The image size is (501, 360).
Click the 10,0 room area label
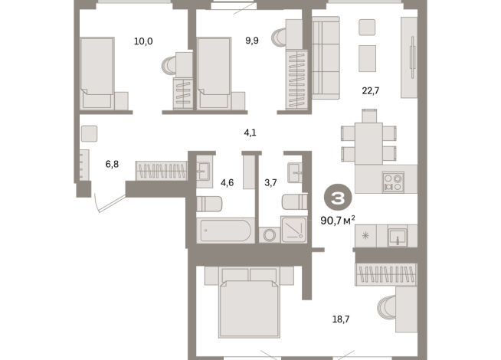(x=143, y=41)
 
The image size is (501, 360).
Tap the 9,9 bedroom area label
(x=252, y=41)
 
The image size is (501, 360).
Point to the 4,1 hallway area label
(x=250, y=133)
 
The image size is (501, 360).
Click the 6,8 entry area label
(x=112, y=163)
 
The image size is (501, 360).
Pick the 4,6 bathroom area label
(x=228, y=182)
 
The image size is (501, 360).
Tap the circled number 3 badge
(x=336, y=198)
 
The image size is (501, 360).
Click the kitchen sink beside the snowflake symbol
(x=397, y=236)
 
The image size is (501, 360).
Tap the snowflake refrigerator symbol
(x=365, y=236)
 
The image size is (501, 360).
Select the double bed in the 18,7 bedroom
(x=247, y=305)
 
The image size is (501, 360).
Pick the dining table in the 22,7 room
(x=369, y=139)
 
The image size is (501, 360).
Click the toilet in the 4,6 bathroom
(x=209, y=204)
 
